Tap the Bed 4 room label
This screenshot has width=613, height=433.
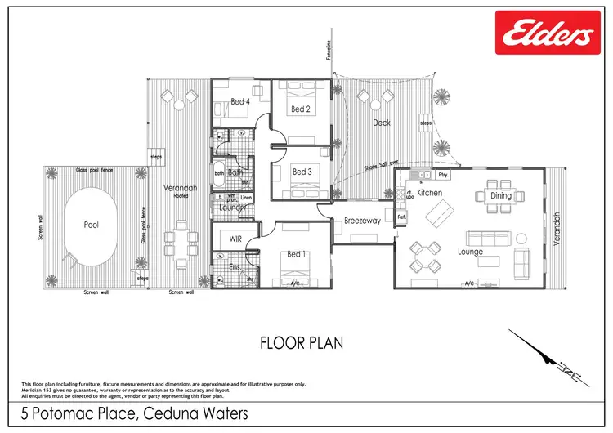click(239, 102)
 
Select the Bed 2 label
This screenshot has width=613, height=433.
click(300, 109)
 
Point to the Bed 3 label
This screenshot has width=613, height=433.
click(302, 172)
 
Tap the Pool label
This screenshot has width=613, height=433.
click(92, 225)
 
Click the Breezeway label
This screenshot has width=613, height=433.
click(362, 221)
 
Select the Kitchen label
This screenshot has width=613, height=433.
click(429, 193)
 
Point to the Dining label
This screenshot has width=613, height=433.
click(501, 196)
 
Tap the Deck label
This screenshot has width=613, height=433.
click(382, 123)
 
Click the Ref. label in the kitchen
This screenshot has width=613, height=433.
click(401, 217)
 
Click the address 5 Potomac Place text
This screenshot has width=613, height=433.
click(130, 414)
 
